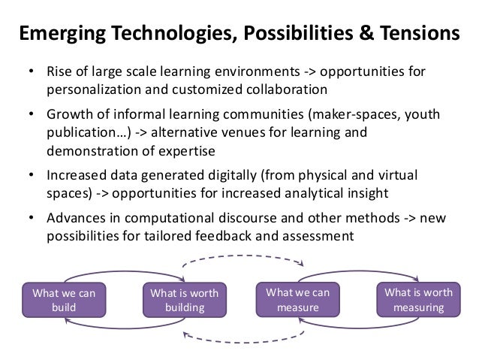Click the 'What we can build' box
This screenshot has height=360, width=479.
click(65, 299)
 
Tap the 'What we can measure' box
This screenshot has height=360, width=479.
click(297, 299)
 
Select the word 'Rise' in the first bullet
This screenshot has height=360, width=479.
click(62, 74)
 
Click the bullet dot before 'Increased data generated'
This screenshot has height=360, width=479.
click(32, 176)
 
